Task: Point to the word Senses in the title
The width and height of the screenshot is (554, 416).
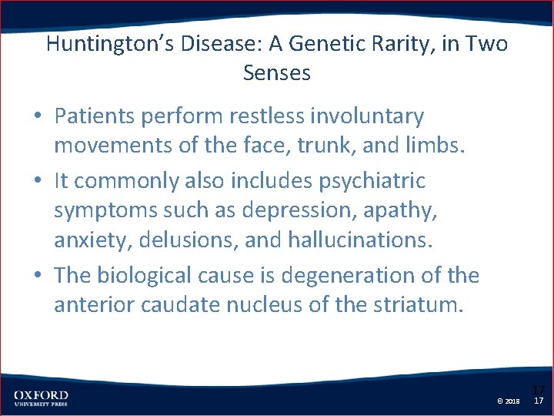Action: click(x=277, y=73)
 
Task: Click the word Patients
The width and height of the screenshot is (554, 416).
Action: click(x=93, y=116)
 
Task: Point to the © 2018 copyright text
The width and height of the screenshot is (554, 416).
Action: click(x=509, y=401)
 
